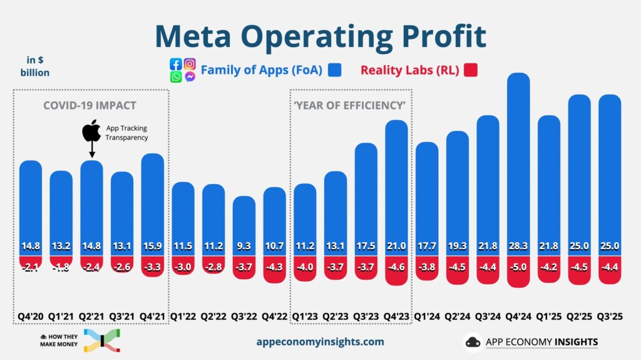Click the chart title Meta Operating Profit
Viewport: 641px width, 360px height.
coord(320,36)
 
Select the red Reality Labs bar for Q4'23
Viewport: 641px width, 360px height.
coord(396,270)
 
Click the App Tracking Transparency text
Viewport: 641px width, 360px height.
coord(126,133)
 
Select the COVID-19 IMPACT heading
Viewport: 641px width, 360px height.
coord(90,105)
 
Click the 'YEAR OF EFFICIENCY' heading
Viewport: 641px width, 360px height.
coord(350,105)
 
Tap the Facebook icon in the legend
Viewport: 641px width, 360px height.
coord(176,64)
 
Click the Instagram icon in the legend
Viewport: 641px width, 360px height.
coord(190,64)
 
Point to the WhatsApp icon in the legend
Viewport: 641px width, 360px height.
coord(176,77)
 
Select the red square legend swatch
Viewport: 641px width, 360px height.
coord(471,70)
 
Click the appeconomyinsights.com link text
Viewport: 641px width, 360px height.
coord(320,342)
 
